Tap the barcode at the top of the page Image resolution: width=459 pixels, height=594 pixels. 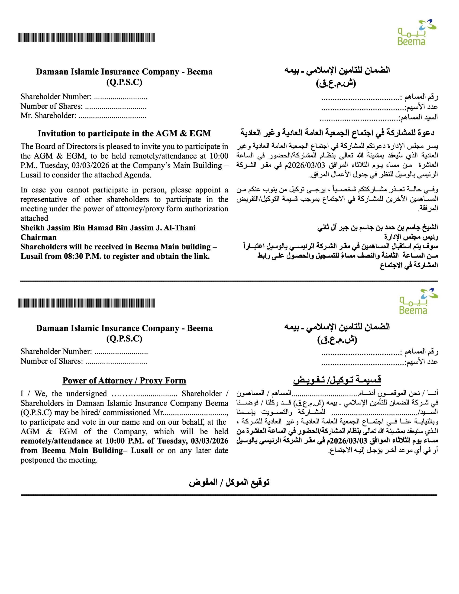87,37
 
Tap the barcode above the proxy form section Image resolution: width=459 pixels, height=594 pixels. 87,303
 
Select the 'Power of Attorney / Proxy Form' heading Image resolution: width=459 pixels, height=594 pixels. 124,381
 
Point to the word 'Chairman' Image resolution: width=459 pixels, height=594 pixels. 39,237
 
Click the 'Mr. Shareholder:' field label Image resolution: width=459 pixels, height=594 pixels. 48,116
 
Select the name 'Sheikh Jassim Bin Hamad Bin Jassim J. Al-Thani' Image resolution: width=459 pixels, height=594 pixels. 108,228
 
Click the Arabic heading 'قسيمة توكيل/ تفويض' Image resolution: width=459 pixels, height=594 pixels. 337,380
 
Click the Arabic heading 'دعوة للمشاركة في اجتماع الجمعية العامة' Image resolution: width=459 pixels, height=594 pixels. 337,133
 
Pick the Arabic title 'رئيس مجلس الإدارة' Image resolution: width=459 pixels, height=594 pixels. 411,237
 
